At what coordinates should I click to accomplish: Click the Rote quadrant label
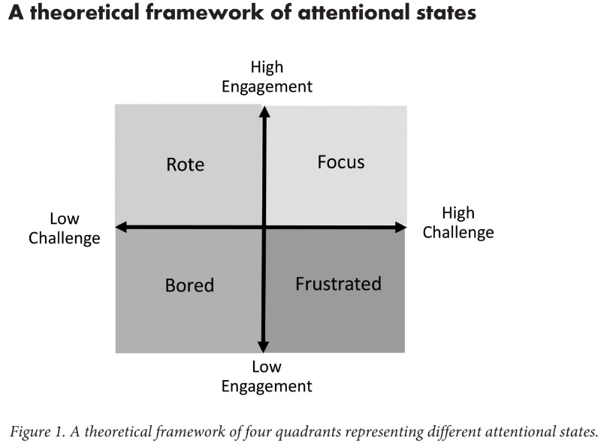coord(185,165)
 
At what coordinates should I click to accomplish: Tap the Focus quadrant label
coord(340,162)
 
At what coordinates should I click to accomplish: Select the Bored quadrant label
coord(189,285)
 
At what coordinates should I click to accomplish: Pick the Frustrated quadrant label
coord(338,284)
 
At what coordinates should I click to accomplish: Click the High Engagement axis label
coord(267,77)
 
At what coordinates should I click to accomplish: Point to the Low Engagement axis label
coord(267,377)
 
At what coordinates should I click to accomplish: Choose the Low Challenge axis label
coord(65,228)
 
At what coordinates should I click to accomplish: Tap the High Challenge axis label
coord(458,222)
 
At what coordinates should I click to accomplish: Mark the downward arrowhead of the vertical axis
coord(264,346)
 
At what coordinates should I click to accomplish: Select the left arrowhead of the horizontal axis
coord(120,227)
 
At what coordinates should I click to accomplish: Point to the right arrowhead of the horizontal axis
coord(401,227)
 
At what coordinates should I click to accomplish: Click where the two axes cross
coord(264,227)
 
